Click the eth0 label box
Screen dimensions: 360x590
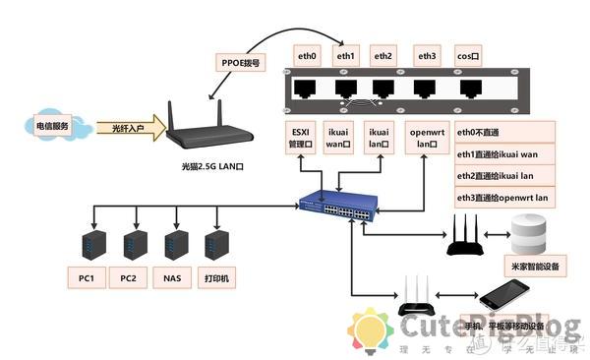pos(307,56)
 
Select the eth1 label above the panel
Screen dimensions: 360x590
pos(346,56)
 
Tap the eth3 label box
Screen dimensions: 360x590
pos(427,56)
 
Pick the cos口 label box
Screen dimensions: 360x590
pos(468,56)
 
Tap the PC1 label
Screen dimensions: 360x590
pos(86,277)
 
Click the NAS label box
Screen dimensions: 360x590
pos(172,277)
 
